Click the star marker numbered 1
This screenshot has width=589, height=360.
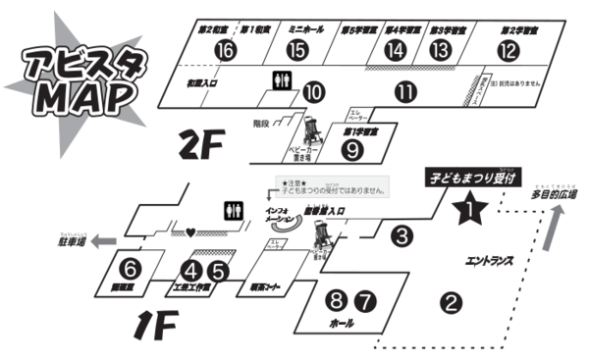(x=469, y=207)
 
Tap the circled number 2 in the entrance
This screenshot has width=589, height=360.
(x=451, y=302)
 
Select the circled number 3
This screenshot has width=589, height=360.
(x=401, y=235)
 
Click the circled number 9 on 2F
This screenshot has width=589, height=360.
(x=352, y=150)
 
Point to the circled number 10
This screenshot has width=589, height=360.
(x=313, y=91)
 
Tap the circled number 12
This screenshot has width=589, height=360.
(x=508, y=50)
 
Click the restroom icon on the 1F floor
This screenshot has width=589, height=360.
(x=232, y=209)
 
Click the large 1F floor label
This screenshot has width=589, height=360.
(x=155, y=319)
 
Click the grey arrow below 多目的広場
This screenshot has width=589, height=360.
(x=555, y=231)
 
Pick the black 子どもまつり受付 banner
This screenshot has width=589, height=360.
(x=464, y=179)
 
